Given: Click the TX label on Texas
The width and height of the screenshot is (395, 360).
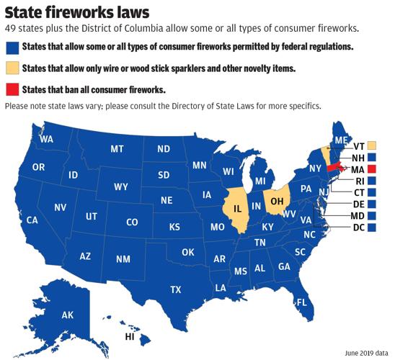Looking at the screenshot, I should coord(175,289).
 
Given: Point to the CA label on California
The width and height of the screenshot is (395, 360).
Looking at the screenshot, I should coord(32,220).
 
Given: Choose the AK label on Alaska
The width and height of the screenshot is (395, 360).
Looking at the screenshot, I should coord(68,315).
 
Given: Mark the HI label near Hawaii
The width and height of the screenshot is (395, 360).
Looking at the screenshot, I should coord(130,336).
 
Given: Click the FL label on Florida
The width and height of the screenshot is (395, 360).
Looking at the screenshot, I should coord(302,302).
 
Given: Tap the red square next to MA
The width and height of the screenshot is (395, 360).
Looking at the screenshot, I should coord(372,168).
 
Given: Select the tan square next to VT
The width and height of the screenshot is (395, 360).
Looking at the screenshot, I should coord(372,146).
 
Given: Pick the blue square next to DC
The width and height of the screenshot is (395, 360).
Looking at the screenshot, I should coord(372,228).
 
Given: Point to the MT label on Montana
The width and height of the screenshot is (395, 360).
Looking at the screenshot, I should coord(117,149).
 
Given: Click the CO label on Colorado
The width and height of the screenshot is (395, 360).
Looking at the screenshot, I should coord(132,222).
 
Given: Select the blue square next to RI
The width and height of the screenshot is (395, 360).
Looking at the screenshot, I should coord(372,181).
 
